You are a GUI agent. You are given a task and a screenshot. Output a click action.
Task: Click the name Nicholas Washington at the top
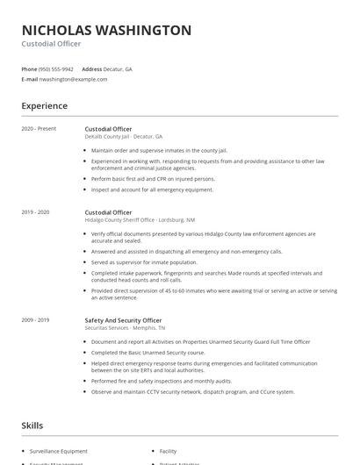(106, 31)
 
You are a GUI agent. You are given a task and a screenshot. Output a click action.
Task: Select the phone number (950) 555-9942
(56, 68)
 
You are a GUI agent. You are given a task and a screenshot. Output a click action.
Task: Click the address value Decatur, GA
(117, 68)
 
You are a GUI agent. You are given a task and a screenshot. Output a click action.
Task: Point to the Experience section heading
(45, 106)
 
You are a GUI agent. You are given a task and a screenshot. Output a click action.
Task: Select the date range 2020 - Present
(39, 129)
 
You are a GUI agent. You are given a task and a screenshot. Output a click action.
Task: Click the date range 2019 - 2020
(36, 212)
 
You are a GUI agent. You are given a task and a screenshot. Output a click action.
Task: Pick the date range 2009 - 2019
(36, 320)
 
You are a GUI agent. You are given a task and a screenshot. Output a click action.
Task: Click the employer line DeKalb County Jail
(124, 137)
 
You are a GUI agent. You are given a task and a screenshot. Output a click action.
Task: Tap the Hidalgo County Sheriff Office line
(140, 220)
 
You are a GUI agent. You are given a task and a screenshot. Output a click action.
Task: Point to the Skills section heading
(33, 426)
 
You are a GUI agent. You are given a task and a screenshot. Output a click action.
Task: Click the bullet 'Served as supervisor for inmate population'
(144, 261)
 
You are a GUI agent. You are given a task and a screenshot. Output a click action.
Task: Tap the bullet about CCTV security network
(192, 391)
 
